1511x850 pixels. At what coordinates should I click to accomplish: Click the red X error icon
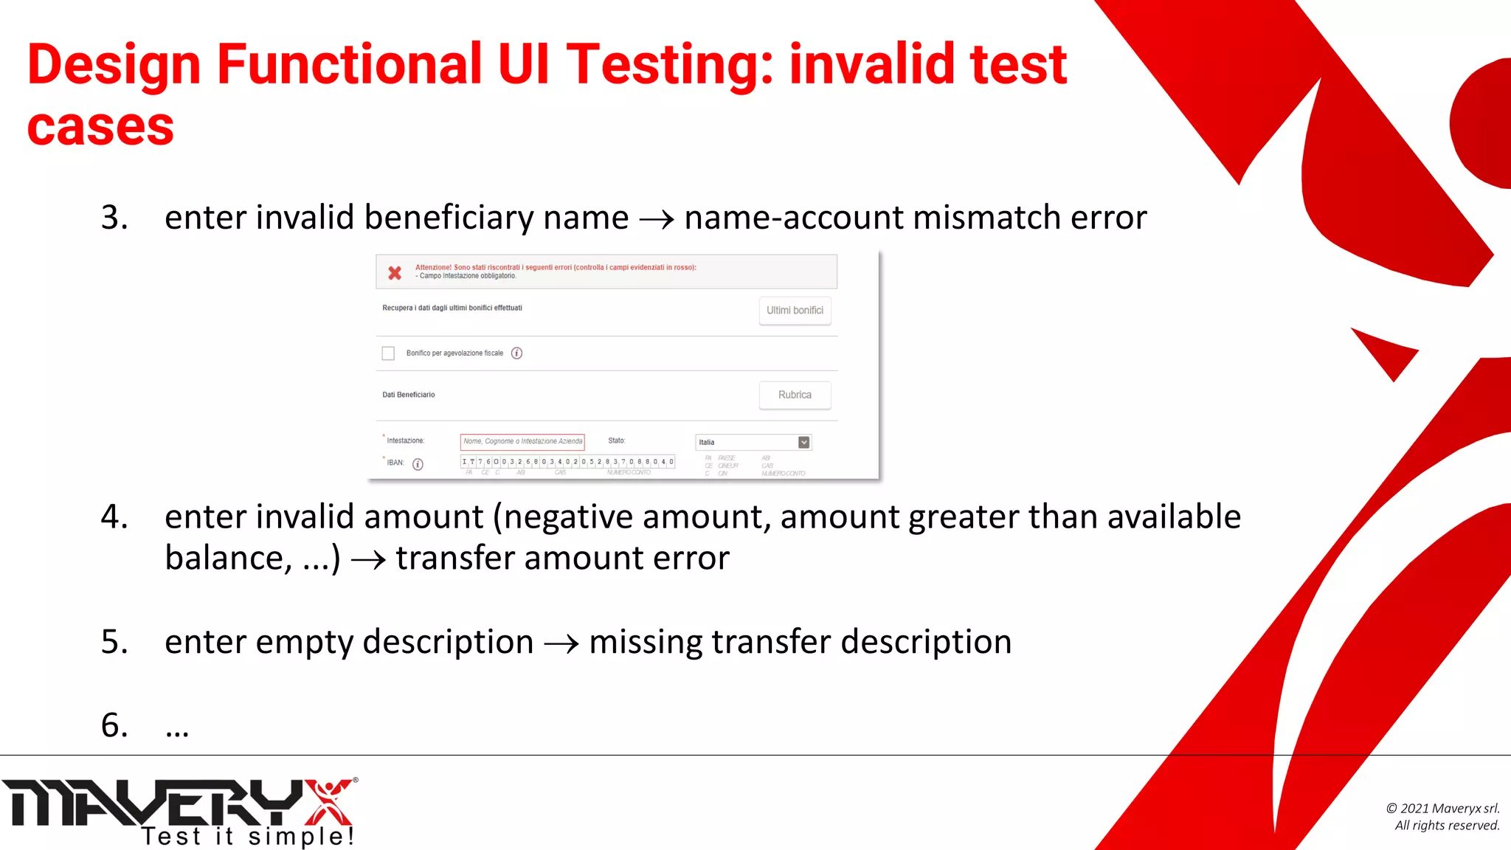click(x=395, y=273)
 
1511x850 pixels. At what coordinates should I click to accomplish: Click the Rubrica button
click(x=795, y=395)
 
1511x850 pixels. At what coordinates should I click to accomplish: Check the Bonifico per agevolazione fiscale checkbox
click(x=388, y=353)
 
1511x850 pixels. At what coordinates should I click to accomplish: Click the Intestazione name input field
click(x=522, y=441)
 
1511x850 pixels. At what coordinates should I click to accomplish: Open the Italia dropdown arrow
click(x=803, y=442)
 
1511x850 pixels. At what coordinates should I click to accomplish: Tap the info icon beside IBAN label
click(x=418, y=464)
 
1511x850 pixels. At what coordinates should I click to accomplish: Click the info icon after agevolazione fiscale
click(x=516, y=353)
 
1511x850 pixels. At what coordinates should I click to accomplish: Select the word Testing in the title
click(x=668, y=64)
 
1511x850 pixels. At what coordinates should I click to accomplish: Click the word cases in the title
click(x=100, y=127)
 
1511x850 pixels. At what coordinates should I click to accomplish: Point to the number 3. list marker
click(x=114, y=218)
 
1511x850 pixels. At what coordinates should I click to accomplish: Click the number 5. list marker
click(x=114, y=642)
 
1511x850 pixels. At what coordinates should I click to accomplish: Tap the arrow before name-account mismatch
click(x=656, y=219)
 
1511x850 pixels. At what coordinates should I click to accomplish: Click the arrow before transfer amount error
click(x=368, y=560)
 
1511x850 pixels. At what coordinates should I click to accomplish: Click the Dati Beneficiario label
click(x=409, y=395)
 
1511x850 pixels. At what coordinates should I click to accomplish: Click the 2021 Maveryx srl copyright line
click(x=1442, y=809)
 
